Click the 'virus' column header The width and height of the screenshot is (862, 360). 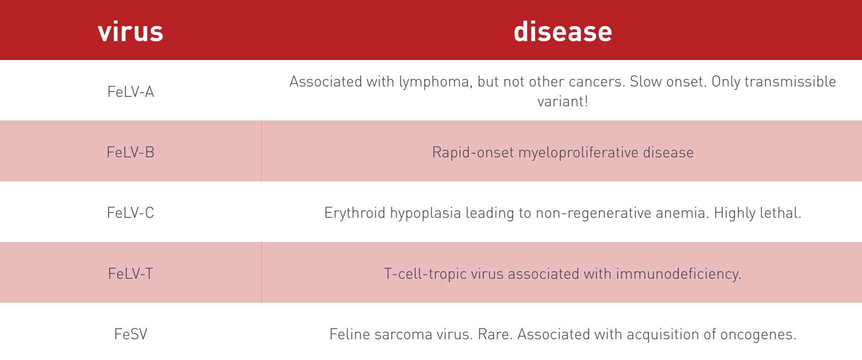pyautogui.click(x=130, y=32)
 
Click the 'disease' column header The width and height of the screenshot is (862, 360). pyautogui.click(x=563, y=32)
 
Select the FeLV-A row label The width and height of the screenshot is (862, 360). pyautogui.click(x=131, y=92)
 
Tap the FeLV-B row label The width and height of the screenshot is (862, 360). pyautogui.click(x=131, y=152)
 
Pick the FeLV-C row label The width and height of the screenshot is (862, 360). pyautogui.click(x=131, y=213)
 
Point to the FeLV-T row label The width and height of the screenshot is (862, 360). pyautogui.click(x=131, y=274)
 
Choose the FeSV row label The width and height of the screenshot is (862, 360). pyautogui.click(x=131, y=334)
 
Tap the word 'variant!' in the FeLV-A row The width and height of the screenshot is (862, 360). pyautogui.click(x=563, y=101)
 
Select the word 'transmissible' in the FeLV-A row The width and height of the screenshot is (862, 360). pyautogui.click(x=790, y=81)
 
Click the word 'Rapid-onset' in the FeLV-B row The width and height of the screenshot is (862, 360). pyautogui.click(x=473, y=153)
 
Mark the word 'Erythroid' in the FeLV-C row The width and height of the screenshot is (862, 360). pyautogui.click(x=355, y=213)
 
